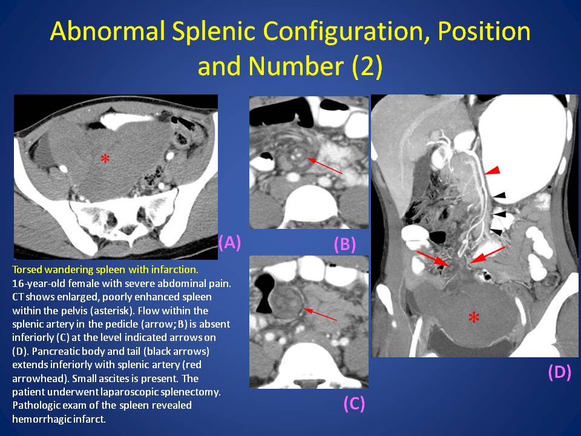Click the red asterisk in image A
(x=105, y=159)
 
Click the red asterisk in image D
(x=474, y=318)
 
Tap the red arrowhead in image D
(x=493, y=171)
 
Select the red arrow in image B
(x=325, y=166)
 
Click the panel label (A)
(x=230, y=242)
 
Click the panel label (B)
(x=345, y=244)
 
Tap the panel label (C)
(x=354, y=403)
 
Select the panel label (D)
(x=559, y=372)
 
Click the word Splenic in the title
(x=212, y=31)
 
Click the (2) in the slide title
(x=367, y=66)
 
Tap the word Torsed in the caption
(x=26, y=269)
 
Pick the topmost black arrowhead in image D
(x=499, y=195)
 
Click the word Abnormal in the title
(x=108, y=31)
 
